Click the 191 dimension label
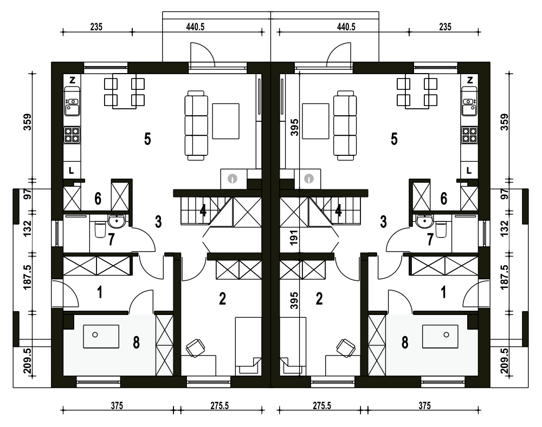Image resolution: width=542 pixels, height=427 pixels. click(294, 238)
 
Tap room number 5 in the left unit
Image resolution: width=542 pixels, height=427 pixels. click(147, 139)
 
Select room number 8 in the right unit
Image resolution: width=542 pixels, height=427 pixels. click(405, 343)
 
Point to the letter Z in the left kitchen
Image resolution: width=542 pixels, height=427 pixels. click(72, 81)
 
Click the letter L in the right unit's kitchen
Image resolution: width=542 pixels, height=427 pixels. click(469, 170)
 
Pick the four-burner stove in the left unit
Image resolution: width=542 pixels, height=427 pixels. click(72, 135)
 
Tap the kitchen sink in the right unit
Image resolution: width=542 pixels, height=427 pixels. click(469, 106)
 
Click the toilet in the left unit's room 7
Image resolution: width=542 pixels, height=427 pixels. click(100, 229)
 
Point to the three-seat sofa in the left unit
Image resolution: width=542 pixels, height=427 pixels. click(196, 126)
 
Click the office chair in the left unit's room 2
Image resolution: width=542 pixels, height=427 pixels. click(195, 347)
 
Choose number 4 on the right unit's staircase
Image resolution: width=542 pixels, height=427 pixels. click(338, 210)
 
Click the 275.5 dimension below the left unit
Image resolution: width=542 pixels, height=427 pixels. click(220, 405)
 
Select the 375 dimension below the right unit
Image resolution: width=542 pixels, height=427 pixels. click(424, 405)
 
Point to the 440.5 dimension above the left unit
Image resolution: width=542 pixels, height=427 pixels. click(195, 27)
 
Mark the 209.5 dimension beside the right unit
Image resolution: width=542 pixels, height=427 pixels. click(504, 361)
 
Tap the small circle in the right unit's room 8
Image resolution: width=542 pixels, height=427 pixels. click(446, 335)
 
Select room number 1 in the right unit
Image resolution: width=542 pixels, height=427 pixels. click(443, 293)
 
